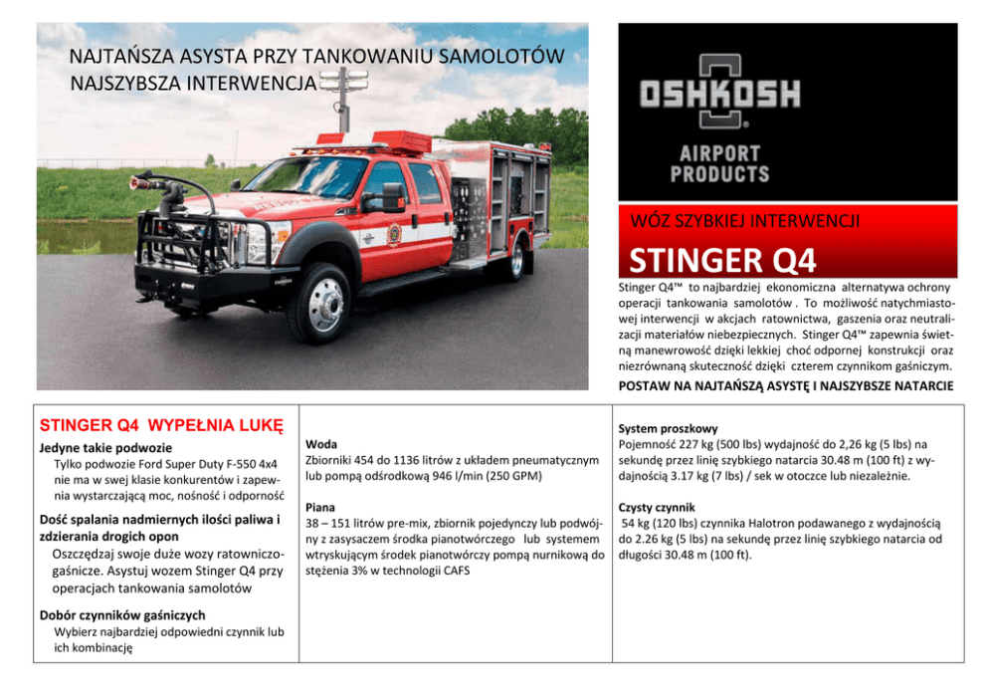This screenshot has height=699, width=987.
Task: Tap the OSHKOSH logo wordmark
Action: (719, 95)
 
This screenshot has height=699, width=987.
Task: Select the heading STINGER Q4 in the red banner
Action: (722, 261)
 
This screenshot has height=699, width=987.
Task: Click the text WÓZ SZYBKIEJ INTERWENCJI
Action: (738, 221)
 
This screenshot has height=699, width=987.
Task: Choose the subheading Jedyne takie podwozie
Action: (106, 448)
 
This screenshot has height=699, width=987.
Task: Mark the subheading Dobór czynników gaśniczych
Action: (121, 614)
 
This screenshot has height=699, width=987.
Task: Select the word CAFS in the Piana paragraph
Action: (453, 571)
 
